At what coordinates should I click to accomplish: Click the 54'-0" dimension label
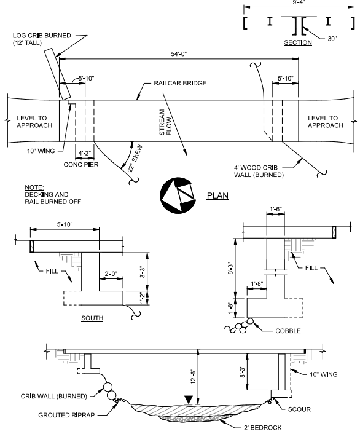pyautogui.click(x=179, y=54)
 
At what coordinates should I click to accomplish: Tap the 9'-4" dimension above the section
pyautogui.click(x=299, y=2)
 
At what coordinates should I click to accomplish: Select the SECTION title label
pyautogui.click(x=298, y=42)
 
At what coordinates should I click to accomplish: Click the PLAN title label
pyautogui.click(x=217, y=195)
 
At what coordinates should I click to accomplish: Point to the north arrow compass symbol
pyautogui.click(x=178, y=195)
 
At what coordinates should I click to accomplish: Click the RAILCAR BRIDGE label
pyautogui.click(x=180, y=84)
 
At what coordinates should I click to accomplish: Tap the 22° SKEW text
pyautogui.click(x=135, y=159)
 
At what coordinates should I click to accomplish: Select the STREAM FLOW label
pyautogui.click(x=165, y=122)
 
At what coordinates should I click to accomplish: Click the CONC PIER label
pyautogui.click(x=81, y=165)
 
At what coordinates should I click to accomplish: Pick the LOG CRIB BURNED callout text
pyautogui.click(x=42, y=39)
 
